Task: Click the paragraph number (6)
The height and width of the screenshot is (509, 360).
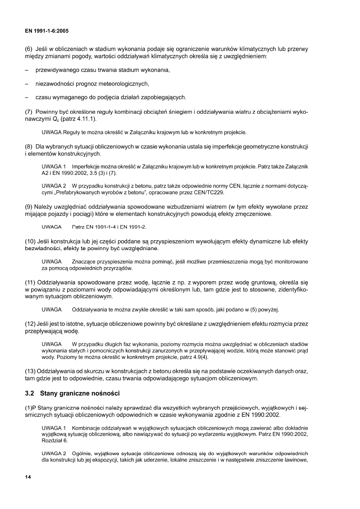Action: (x=29, y=49)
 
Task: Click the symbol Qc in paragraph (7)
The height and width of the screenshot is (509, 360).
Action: (x=53, y=120)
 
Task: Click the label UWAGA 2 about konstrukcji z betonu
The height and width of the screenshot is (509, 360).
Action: (x=54, y=186)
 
